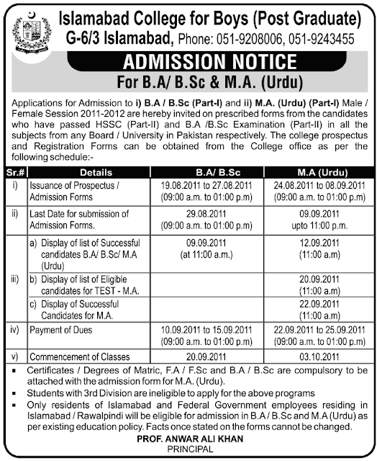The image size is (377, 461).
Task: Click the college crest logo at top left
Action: click(x=28, y=28)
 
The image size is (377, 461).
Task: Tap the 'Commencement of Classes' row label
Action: click(x=79, y=357)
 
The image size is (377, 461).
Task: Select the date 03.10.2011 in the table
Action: click(x=310, y=357)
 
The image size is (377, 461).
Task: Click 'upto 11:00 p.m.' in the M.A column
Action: click(x=310, y=225)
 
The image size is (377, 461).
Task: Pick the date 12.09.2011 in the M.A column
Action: click(x=310, y=244)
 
